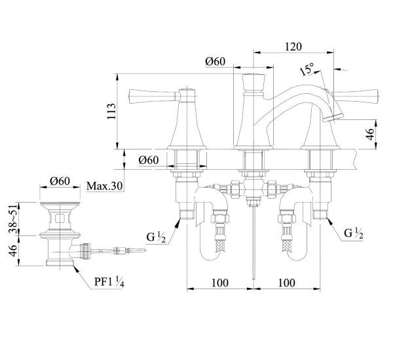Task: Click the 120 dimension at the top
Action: tap(293, 47)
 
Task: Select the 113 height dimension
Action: tap(111, 111)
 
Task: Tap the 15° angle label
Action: tap(307, 69)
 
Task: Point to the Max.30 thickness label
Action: tap(105, 186)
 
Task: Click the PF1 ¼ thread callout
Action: tap(109, 282)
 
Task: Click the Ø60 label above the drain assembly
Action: tap(60, 181)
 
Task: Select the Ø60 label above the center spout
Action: tap(215, 61)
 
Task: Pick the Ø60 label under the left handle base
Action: tap(149, 160)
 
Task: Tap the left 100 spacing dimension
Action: tap(220, 283)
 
